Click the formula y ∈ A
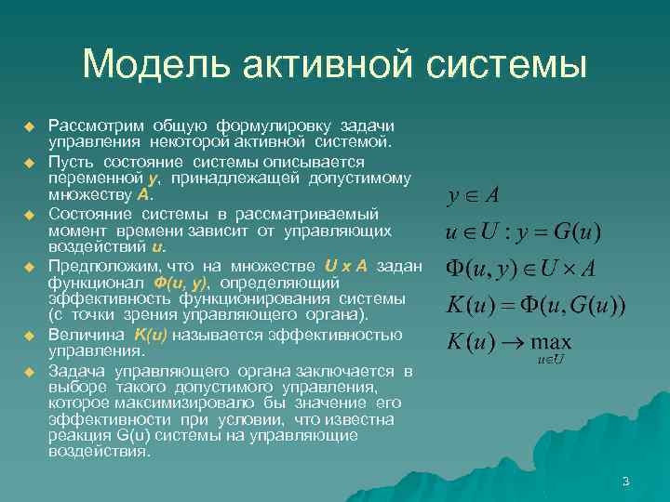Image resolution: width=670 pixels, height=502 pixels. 473,195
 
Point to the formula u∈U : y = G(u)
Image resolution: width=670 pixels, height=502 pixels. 523,230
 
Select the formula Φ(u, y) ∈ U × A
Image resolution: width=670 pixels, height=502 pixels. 521,269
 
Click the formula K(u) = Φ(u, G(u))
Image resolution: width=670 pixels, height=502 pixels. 535,305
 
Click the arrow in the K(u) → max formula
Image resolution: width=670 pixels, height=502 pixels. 509,341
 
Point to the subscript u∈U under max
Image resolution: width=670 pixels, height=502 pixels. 551,359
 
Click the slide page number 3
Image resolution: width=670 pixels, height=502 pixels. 625,481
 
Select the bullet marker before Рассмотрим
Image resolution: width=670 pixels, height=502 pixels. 29,125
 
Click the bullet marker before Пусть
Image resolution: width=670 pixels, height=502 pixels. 29,163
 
